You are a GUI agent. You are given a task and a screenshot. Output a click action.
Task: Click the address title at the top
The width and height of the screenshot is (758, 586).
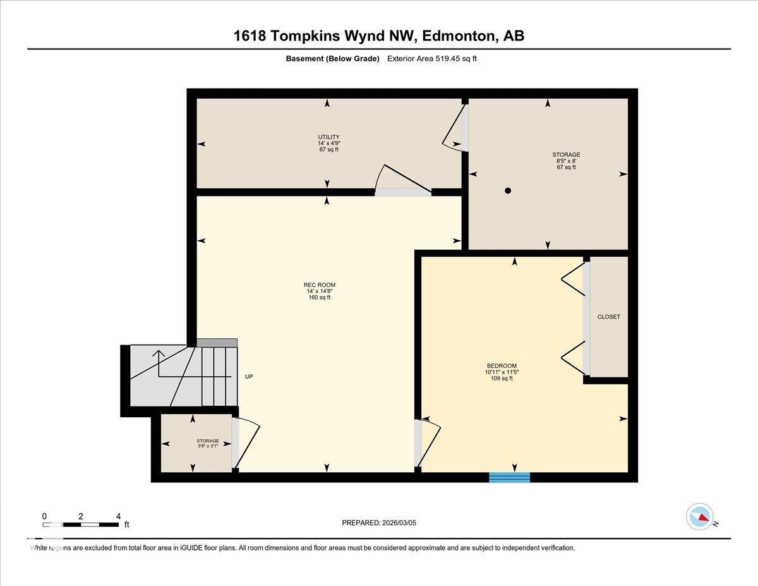tap(379, 36)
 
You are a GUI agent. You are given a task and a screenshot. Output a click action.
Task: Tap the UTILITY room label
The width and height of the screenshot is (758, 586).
tap(328, 137)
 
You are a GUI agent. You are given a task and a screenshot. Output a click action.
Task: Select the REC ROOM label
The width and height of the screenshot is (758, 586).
tap(319, 285)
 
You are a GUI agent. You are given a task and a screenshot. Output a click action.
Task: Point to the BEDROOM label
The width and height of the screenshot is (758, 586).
tap(502, 365)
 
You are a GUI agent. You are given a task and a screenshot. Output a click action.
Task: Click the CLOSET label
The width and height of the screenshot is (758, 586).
tap(608, 317)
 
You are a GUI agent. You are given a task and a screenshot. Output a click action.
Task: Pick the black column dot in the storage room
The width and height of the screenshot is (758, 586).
tap(508, 190)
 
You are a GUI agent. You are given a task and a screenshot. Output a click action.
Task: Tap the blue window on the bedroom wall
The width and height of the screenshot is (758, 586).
tap(509, 477)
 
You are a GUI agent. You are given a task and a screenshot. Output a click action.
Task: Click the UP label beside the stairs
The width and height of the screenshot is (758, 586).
tap(249, 377)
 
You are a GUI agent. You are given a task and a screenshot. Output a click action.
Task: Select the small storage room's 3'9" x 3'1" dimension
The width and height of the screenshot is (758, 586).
tap(208, 447)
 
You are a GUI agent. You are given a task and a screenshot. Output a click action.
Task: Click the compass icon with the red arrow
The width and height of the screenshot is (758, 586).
tap(700, 516)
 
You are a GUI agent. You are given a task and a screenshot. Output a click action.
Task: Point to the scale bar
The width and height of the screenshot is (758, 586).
tap(81, 524)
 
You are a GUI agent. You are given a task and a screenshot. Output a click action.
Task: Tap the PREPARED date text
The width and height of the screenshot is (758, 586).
tap(379, 523)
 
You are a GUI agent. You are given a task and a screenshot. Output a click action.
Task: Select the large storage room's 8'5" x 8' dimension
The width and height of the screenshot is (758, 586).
tap(566, 161)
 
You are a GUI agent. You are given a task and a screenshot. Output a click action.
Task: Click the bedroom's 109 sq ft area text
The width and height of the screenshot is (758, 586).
tap(502, 379)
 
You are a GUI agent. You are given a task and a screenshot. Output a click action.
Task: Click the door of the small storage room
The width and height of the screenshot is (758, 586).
tap(246, 442)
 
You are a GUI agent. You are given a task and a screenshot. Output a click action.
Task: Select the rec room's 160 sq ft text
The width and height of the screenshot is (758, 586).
tap(319, 297)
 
